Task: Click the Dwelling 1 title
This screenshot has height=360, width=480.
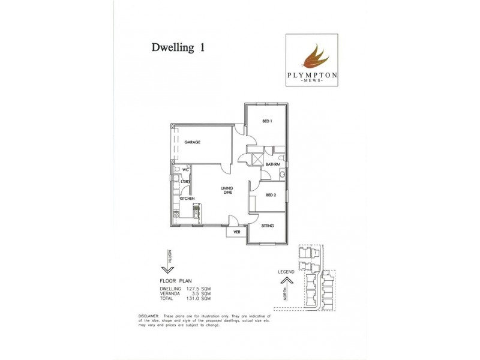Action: point(178,49)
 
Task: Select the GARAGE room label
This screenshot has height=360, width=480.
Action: point(192,142)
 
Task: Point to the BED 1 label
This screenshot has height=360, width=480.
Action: point(267,121)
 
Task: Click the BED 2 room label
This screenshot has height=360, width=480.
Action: point(271,195)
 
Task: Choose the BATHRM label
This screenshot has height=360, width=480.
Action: point(273,164)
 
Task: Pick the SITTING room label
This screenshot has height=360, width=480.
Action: point(268,226)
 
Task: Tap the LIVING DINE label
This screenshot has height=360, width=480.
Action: point(228,191)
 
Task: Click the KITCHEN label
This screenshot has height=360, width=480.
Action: point(187,198)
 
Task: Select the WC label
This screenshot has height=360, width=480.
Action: point(186,170)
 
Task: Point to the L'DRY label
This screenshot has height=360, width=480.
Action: point(185,181)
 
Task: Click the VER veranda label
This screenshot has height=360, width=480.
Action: point(236,231)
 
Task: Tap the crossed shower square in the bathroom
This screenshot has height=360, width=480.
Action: point(257,160)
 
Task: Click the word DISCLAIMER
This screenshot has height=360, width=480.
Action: point(148,316)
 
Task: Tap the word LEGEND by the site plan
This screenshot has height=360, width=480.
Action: point(286,272)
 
